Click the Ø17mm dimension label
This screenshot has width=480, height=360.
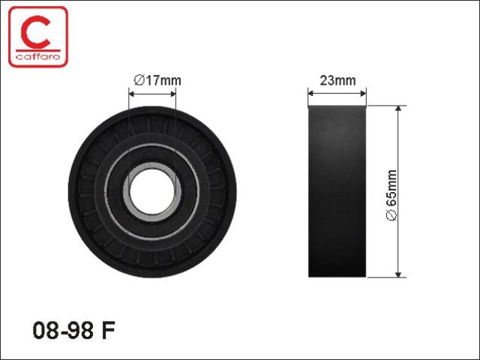pos(157,80)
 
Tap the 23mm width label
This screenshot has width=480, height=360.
pos(337,80)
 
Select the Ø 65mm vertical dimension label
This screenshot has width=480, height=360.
pos(391,195)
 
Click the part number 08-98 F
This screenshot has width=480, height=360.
pos(73,330)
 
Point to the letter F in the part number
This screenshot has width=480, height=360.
pos(108,330)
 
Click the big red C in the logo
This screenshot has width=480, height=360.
pos(35,32)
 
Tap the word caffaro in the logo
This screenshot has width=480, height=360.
pos(38,57)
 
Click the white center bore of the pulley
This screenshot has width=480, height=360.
pos(152,192)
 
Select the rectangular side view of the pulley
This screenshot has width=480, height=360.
pos(337,192)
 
